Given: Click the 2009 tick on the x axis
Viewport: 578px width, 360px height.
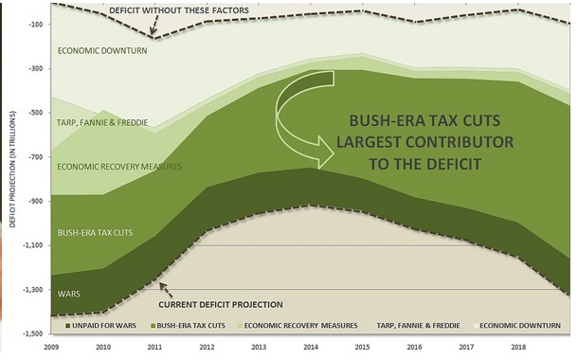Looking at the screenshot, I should point(54,349).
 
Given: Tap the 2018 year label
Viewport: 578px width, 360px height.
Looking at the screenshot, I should point(518,349).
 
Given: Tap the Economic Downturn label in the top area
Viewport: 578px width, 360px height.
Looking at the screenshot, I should point(101,51).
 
